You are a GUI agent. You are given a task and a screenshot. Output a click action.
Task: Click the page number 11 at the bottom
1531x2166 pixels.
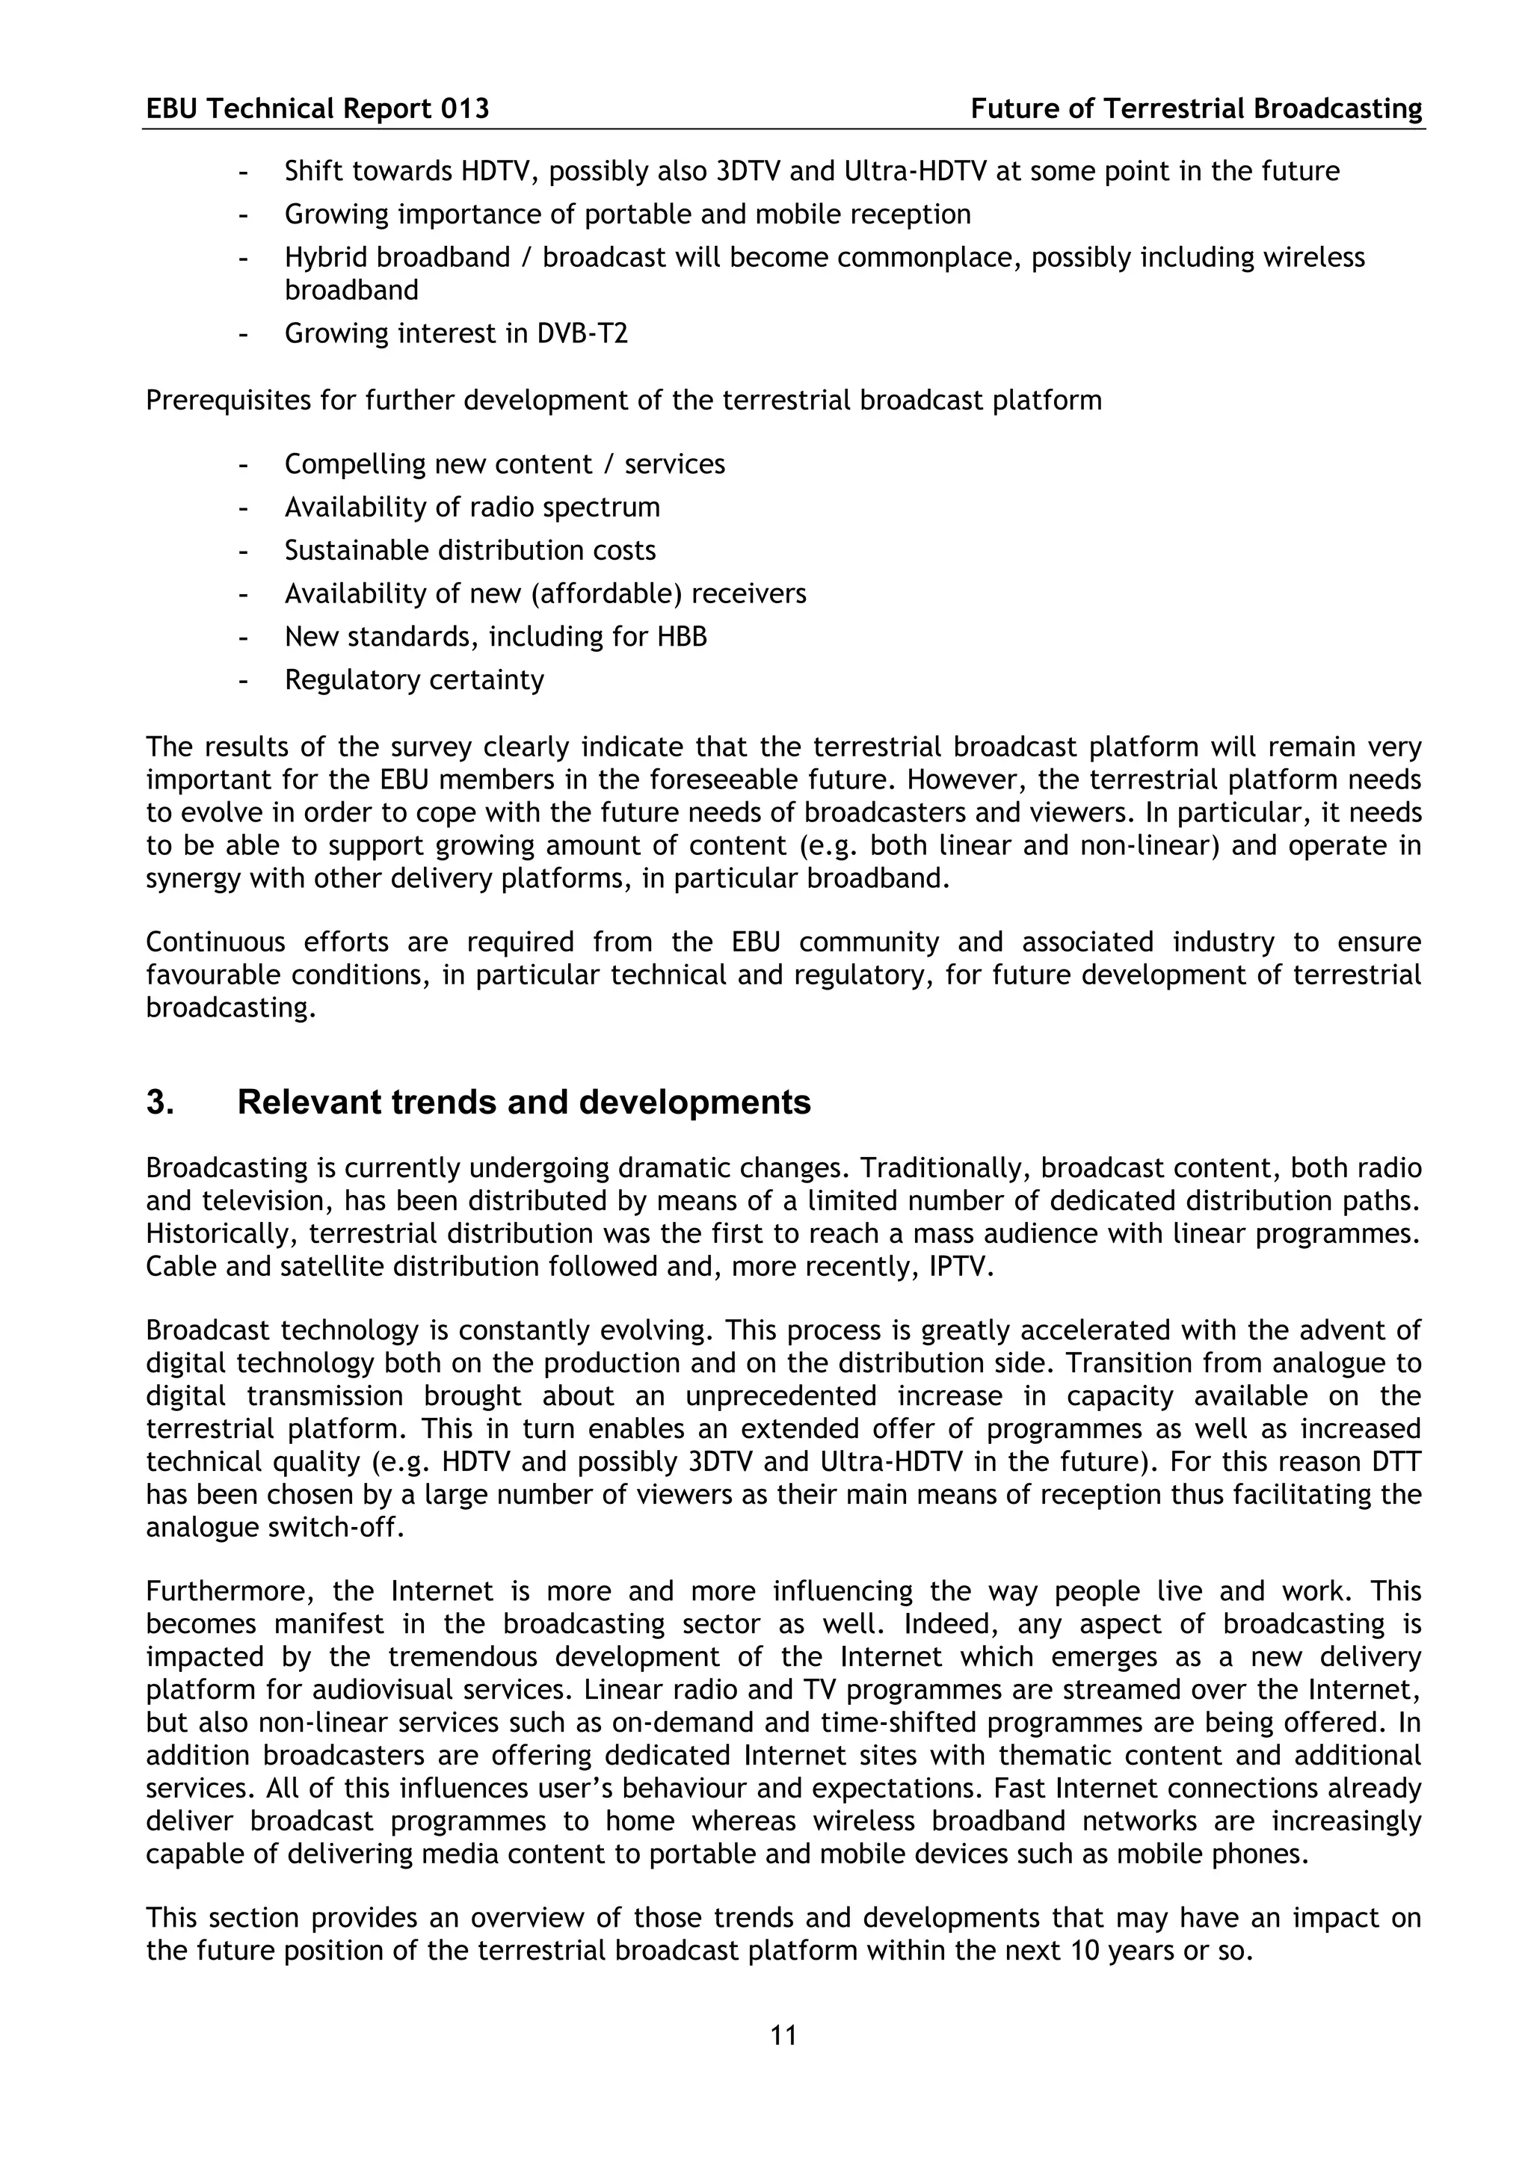[783, 2036]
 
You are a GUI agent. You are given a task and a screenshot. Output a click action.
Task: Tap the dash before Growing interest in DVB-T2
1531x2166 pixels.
[244, 334]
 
